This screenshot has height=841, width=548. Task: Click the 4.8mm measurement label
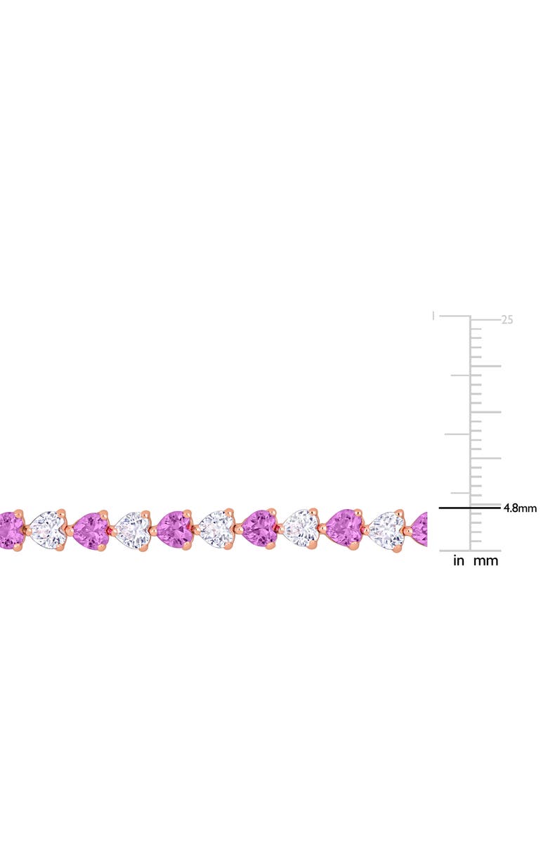(520, 508)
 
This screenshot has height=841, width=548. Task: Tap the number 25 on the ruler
(507, 319)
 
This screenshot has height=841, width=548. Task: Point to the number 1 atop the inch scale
(433, 316)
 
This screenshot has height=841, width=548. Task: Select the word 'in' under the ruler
(459, 561)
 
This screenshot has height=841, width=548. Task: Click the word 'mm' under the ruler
(486, 561)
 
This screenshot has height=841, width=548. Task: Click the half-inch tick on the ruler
(457, 435)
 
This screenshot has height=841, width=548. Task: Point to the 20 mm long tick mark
(485, 366)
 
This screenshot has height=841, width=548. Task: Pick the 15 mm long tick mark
(485, 412)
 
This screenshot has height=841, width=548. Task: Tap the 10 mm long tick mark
(485, 458)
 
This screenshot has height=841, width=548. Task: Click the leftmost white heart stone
(48, 528)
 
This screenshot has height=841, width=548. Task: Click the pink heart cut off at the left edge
(11, 529)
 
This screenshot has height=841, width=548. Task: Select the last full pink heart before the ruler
(344, 528)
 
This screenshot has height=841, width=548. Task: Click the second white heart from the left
(133, 529)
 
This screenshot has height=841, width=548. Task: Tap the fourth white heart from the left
(301, 529)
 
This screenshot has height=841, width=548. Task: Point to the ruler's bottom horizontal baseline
(470, 551)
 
